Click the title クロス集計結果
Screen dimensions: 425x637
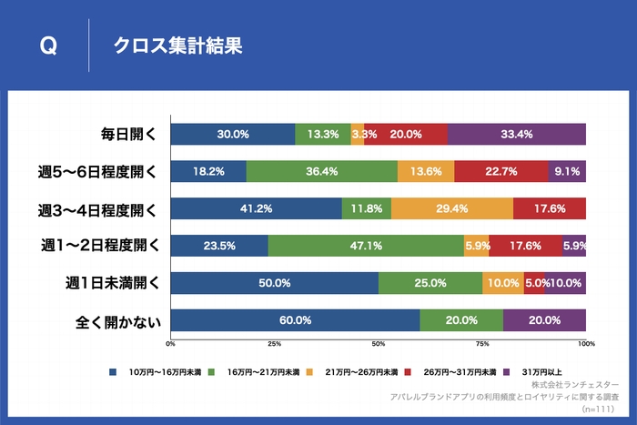(x=177, y=46)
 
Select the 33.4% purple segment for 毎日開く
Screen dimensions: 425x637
(x=517, y=134)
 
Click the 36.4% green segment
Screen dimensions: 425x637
(x=322, y=171)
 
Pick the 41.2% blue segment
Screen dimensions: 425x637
(x=257, y=208)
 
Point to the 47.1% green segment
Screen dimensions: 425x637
(x=366, y=245)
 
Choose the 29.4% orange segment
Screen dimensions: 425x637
(x=451, y=208)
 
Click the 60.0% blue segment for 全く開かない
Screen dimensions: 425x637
(x=295, y=319)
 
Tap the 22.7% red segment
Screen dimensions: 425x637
(x=501, y=171)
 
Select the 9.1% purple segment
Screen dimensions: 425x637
(x=567, y=171)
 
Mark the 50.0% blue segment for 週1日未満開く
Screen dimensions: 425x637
(x=274, y=283)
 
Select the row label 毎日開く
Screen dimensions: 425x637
(x=127, y=134)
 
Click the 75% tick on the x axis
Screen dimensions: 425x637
(x=482, y=344)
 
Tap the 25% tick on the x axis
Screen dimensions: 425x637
(x=274, y=344)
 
